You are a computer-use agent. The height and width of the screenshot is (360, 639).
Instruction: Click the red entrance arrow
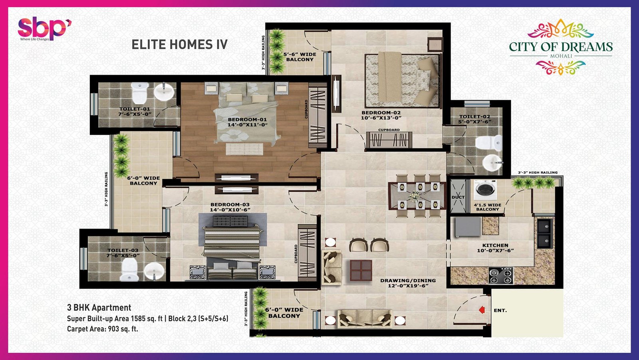click(482, 310)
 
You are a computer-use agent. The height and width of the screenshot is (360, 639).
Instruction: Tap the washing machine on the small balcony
click(485, 190)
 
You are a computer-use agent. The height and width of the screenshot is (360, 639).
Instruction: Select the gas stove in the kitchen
click(501, 276)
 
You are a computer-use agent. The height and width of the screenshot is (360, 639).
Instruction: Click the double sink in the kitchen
click(545, 233)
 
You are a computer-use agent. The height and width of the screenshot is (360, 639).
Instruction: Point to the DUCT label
click(458, 197)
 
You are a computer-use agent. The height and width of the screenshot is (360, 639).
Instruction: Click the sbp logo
click(44, 28)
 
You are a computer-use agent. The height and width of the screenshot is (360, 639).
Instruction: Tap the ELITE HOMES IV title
click(179, 44)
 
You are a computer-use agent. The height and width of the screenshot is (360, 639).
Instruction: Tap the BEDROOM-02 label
click(381, 113)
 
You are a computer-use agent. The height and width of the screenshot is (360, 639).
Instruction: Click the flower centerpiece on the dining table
click(414, 196)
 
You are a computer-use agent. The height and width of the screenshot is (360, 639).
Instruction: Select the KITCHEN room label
click(495, 245)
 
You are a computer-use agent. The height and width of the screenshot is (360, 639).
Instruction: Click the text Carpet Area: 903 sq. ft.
click(102, 329)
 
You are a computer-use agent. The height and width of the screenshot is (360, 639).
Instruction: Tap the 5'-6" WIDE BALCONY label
click(300, 57)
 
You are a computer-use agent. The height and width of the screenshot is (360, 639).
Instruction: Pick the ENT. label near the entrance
click(500, 310)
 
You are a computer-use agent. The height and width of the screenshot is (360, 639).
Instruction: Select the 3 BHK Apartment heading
click(99, 308)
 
